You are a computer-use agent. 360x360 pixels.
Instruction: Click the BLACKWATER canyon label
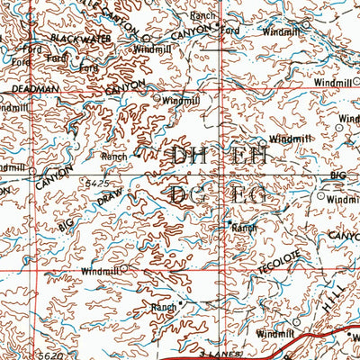click(x=80, y=38)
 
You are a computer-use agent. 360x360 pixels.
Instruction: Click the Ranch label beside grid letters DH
click(x=114, y=157)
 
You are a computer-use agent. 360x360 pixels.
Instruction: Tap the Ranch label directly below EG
click(x=244, y=228)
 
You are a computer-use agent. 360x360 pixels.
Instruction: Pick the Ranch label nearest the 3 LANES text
click(x=164, y=307)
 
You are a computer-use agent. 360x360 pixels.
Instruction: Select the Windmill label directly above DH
click(x=180, y=103)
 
